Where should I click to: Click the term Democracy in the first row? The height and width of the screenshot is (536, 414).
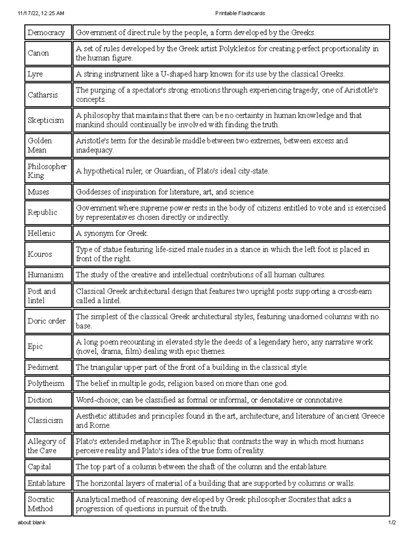pyautogui.click(x=46, y=32)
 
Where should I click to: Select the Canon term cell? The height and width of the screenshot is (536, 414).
pyautogui.click(x=38, y=53)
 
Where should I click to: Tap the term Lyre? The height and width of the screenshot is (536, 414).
pyautogui.click(x=35, y=74)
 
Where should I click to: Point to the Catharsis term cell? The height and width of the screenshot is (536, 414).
pyautogui.click(x=43, y=95)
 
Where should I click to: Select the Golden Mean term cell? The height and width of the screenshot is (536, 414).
pyautogui.click(x=40, y=145)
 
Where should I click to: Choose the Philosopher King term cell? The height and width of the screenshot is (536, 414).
pyautogui.click(x=47, y=171)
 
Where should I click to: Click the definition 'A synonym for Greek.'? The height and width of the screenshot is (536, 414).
pyautogui.click(x=112, y=233)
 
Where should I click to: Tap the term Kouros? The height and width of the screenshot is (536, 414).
pyautogui.click(x=40, y=254)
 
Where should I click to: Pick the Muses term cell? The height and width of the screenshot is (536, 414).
pyautogui.click(x=38, y=192)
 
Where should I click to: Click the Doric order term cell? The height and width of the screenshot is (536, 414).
pyautogui.click(x=47, y=321)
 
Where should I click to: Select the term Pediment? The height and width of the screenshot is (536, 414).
pyautogui.click(x=43, y=367)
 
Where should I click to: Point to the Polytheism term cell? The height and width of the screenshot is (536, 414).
pyautogui.click(x=46, y=383)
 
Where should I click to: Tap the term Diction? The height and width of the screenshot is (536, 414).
pyautogui.click(x=40, y=400)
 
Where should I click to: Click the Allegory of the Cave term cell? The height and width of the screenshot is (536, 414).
pyautogui.click(x=47, y=446)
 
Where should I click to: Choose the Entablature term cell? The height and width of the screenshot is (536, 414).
pyautogui.click(x=46, y=483)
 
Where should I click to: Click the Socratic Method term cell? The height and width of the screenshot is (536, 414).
pyautogui.click(x=41, y=504)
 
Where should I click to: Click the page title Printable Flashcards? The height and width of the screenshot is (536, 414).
pyautogui.click(x=240, y=13)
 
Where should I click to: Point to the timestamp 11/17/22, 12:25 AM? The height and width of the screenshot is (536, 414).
pyautogui.click(x=41, y=13)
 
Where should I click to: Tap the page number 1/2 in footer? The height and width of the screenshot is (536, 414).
pyautogui.click(x=392, y=523)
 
